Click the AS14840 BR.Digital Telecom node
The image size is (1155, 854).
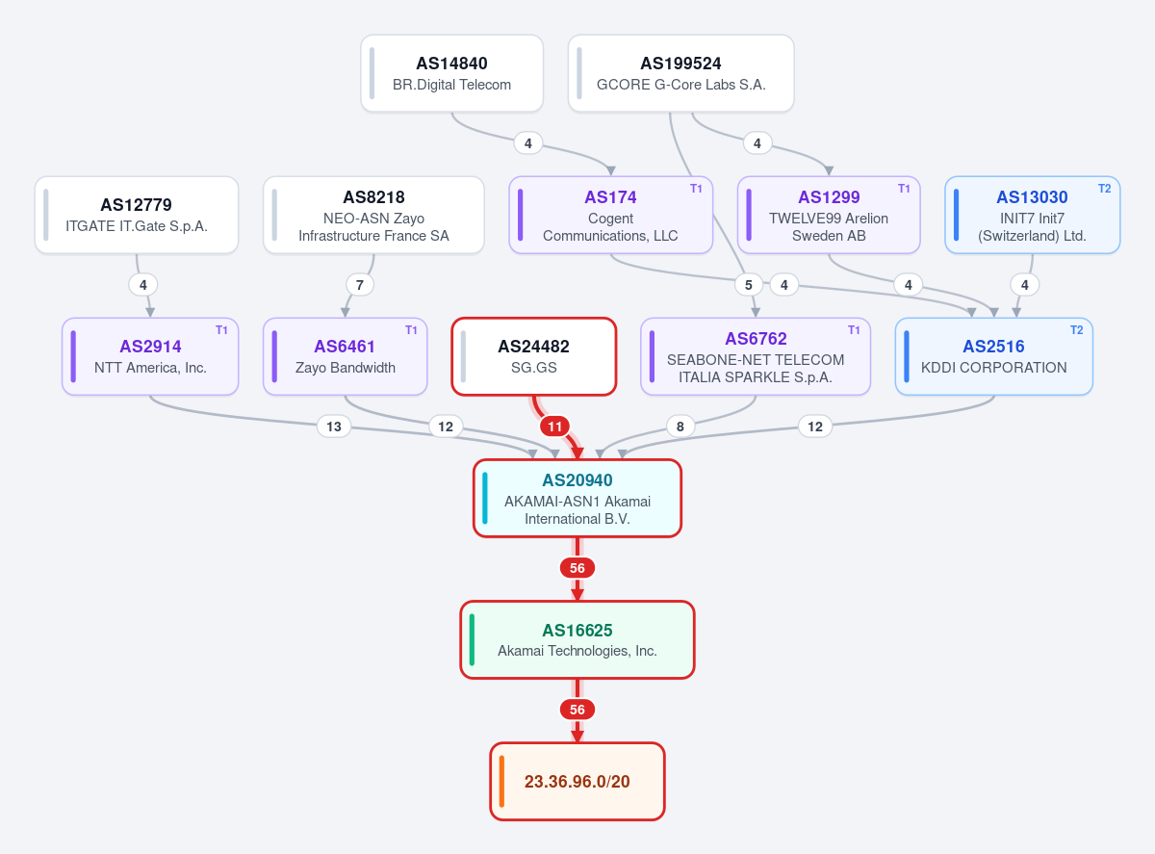[452, 73]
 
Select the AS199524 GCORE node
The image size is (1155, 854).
[681, 73]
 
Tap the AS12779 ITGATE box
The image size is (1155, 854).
[137, 216]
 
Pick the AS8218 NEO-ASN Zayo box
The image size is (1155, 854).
[373, 216]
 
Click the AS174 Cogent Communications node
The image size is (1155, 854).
[611, 216]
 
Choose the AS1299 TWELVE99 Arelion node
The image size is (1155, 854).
[829, 216]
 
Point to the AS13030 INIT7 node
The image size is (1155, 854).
[1033, 216]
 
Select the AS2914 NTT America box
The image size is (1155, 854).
[150, 357]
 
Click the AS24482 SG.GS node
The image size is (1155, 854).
[534, 357]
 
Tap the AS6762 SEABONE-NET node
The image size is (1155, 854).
[756, 357]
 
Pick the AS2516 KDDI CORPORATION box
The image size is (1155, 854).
[994, 357]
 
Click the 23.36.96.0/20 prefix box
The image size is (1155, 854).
[577, 782]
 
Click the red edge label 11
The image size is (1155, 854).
[555, 427]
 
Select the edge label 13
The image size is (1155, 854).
[334, 427]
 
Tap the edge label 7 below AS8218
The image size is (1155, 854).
[360, 285]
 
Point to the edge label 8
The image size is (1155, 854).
[680, 427]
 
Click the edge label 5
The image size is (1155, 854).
[749, 285]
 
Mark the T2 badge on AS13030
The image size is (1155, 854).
[1105, 189]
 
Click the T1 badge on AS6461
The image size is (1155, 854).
[411, 330]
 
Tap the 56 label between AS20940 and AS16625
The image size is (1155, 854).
[577, 568]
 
